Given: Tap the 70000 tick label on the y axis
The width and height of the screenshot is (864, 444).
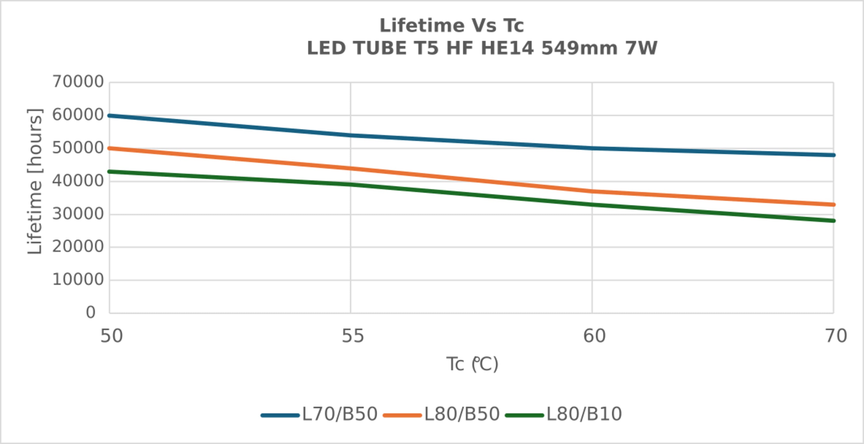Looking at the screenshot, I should coord(78,82).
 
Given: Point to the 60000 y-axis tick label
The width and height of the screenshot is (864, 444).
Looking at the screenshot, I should coord(78,115).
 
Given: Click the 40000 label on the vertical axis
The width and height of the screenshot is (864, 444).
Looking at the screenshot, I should coord(78,181).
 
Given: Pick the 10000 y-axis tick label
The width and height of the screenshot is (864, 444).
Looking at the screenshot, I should coord(78,280).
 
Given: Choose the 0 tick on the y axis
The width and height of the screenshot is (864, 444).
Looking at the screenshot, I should coord(90,312).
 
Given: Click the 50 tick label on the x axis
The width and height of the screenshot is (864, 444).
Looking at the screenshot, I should coord(111,336).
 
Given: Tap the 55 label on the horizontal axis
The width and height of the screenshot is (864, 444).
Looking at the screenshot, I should coord(353,336).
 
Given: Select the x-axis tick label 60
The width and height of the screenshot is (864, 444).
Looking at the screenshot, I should coord(594,336).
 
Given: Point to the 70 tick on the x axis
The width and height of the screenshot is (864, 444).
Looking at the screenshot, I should coord(835,336).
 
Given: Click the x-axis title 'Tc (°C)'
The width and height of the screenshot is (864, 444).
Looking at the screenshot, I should coord(472,365).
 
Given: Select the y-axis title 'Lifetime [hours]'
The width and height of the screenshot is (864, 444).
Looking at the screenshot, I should coord(35,181).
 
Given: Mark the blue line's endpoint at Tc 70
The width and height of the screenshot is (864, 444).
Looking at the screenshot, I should coord(833,155).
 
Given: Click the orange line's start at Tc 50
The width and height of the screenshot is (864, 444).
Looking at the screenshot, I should coord(109,148).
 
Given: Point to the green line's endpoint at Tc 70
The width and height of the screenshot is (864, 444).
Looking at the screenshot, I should coord(833,221).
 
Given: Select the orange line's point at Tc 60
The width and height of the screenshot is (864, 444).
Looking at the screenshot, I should coord(592,191).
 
